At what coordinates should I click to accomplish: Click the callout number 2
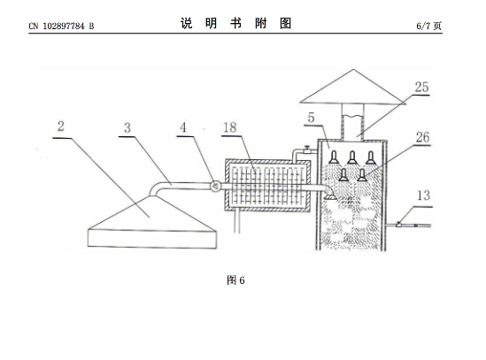[61, 126]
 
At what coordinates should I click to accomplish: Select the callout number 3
[127, 127]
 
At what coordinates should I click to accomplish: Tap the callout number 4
[183, 127]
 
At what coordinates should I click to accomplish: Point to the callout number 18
[230, 127]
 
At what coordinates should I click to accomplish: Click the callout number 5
[312, 118]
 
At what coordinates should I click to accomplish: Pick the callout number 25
[422, 87]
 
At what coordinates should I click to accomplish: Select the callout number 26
[423, 137]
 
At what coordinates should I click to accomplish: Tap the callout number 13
[424, 195]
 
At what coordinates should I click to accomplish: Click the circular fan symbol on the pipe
[215, 186]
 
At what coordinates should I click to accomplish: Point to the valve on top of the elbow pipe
[307, 149]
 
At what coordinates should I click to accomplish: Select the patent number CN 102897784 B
[61, 26]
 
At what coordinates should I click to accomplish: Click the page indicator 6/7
[424, 26]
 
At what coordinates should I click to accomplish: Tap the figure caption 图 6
[235, 280]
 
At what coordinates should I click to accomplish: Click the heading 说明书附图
[235, 23]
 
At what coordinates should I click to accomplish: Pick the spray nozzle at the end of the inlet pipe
[330, 196]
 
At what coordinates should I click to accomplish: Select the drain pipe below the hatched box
[237, 220]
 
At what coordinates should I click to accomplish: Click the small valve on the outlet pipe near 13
[398, 224]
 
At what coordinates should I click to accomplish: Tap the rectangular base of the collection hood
[152, 239]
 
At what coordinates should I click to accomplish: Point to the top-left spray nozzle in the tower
[334, 157]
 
